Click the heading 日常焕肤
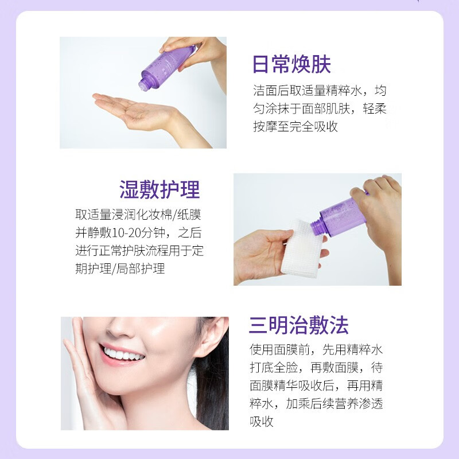click(x=291, y=65)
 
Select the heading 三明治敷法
click(x=298, y=325)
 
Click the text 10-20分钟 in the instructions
click(x=133, y=233)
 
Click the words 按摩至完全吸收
click(x=295, y=127)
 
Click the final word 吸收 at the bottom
click(x=261, y=422)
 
